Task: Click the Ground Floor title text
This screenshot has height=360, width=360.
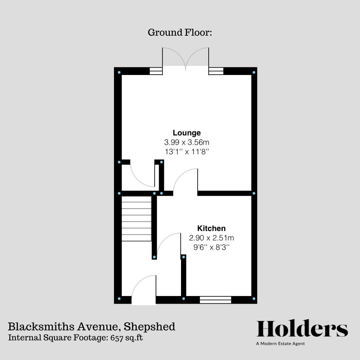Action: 180,33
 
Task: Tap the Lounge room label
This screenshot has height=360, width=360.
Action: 186,133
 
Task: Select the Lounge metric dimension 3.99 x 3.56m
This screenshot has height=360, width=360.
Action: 186,142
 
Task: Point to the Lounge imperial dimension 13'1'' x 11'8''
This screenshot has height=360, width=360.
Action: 186,152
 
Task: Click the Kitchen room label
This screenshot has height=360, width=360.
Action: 211,228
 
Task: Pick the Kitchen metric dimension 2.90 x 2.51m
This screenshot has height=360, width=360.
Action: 211,238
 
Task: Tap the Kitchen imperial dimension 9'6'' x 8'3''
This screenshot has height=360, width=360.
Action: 211,247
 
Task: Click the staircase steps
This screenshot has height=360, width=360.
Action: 136,218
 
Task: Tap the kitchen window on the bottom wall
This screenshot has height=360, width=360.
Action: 215,300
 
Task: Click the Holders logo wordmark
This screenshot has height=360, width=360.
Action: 302,329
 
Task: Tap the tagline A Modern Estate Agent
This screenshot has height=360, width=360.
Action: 280,344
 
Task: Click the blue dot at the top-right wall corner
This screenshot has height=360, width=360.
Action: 254,72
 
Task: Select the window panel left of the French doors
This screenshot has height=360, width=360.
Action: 156,71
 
